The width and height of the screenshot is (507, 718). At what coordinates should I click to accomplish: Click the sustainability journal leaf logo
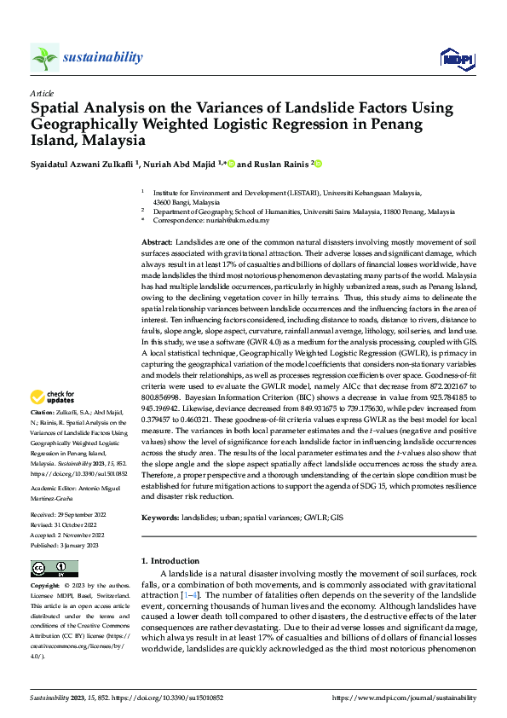tap(45, 57)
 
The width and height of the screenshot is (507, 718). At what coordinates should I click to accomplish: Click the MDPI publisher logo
tap(456, 58)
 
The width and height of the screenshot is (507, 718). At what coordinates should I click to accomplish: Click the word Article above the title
tap(42, 92)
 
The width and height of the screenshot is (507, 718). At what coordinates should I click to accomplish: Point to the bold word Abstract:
tap(156, 243)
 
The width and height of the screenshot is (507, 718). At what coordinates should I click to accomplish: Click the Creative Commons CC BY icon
tap(55, 568)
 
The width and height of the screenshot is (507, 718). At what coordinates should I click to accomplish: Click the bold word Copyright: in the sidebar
tap(45, 588)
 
